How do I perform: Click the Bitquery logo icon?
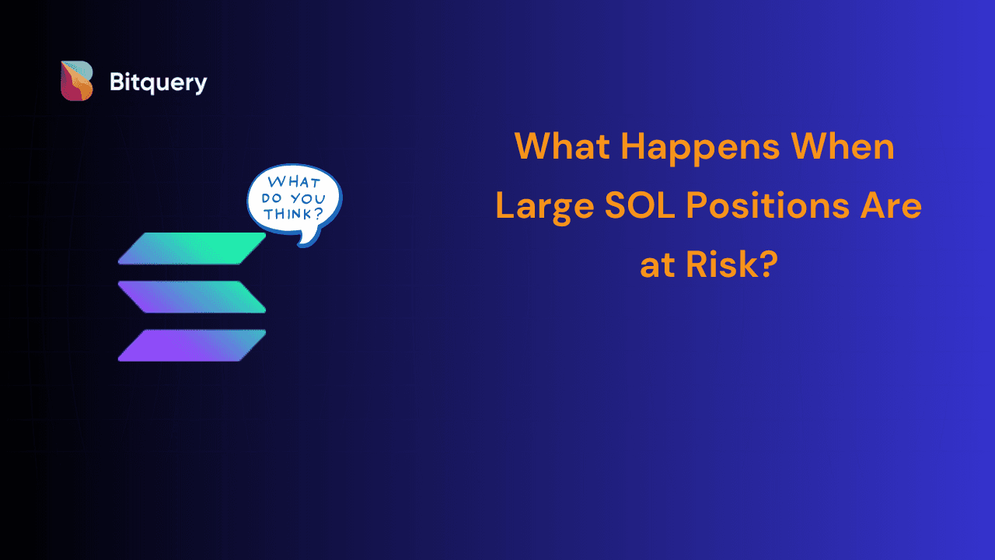pyautogui.click(x=77, y=81)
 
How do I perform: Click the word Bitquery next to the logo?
pyautogui.click(x=158, y=82)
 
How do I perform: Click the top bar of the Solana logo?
pyautogui.click(x=192, y=248)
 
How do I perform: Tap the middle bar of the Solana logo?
pyautogui.click(x=192, y=297)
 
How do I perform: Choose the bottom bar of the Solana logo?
pyautogui.click(x=192, y=345)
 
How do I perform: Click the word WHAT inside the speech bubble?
pyautogui.click(x=294, y=182)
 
